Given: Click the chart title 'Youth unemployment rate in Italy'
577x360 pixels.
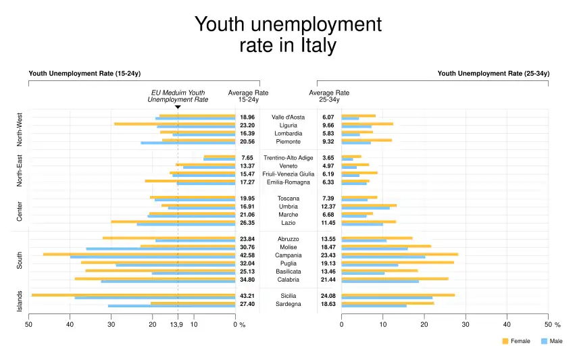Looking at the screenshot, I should (288, 35).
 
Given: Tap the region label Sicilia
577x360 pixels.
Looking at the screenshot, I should (288, 296).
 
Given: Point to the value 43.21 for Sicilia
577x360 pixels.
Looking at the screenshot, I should (247, 296).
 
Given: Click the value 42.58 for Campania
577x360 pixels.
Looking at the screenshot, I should (247, 255).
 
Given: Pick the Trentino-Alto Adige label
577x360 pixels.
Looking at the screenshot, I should (288, 157).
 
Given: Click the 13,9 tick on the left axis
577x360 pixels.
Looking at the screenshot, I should (176, 325).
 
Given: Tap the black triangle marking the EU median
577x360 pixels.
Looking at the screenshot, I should (178, 107).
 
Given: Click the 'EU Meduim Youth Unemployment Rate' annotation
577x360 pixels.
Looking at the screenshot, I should (178, 96).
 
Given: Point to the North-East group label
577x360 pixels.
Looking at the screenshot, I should (20, 170).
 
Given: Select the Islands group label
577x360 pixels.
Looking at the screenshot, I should (20, 301).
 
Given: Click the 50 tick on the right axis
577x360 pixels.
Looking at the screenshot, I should (547, 325).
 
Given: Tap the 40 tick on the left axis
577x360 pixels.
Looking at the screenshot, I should (70, 325).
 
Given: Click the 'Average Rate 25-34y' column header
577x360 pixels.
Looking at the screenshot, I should (329, 96).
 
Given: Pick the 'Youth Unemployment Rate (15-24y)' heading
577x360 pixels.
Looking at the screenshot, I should (84, 73).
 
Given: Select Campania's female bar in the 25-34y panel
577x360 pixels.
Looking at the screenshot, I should (399, 254).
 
